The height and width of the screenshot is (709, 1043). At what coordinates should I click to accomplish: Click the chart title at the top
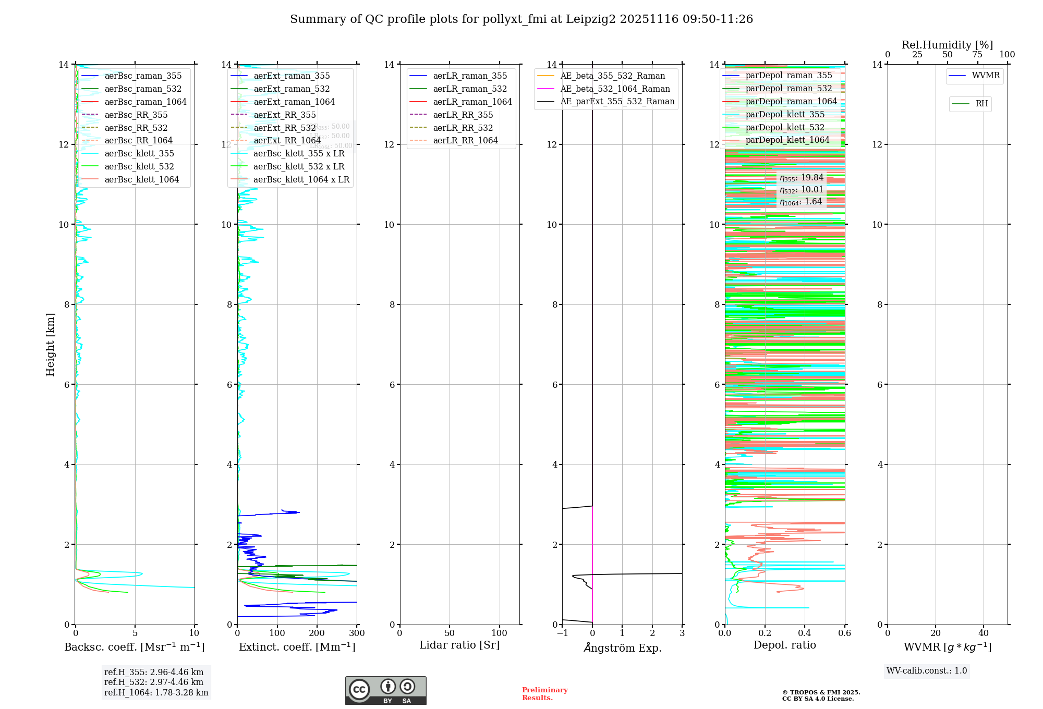click(521, 19)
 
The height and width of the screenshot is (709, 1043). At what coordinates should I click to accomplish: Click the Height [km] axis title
click(50, 344)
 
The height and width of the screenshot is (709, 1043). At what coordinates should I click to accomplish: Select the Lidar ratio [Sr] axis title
click(459, 645)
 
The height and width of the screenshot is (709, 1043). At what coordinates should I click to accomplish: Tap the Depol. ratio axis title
click(784, 645)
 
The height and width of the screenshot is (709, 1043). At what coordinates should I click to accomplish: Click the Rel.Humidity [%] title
click(947, 45)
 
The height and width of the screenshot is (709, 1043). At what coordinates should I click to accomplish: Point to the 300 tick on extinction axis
click(357, 633)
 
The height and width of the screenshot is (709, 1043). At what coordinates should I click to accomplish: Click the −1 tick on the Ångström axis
click(562, 633)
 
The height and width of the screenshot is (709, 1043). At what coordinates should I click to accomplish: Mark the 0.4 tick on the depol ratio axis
click(805, 633)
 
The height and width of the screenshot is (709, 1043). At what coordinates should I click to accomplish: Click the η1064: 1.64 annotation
click(801, 202)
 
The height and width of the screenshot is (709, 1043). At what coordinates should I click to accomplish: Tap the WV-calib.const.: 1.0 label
click(927, 671)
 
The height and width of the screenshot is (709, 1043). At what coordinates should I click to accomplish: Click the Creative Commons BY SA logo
click(385, 690)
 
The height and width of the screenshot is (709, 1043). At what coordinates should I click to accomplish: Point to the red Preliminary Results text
click(544, 694)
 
